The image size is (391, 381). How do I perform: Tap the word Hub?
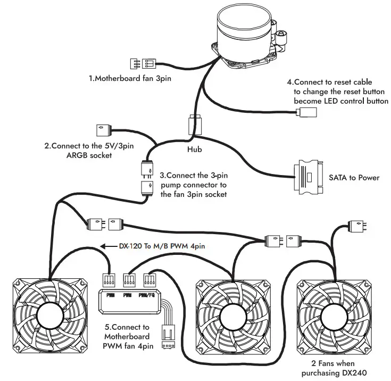click(195, 150)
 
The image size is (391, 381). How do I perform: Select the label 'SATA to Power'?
click(353, 177)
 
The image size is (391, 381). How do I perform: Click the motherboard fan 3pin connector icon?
click(144, 63)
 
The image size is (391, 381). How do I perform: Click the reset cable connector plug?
click(307, 112)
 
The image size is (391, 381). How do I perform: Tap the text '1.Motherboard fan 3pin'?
click(132, 79)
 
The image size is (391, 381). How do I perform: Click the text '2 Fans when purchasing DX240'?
click(334, 369)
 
